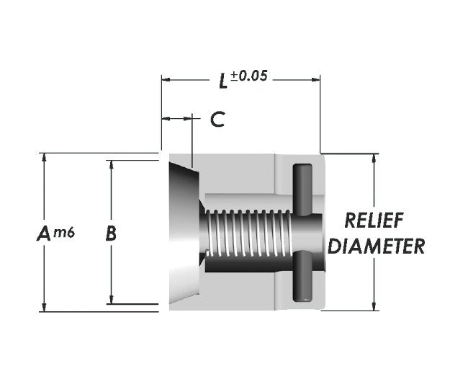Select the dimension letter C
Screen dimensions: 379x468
(217, 120)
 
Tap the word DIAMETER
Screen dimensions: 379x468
(374, 246)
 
